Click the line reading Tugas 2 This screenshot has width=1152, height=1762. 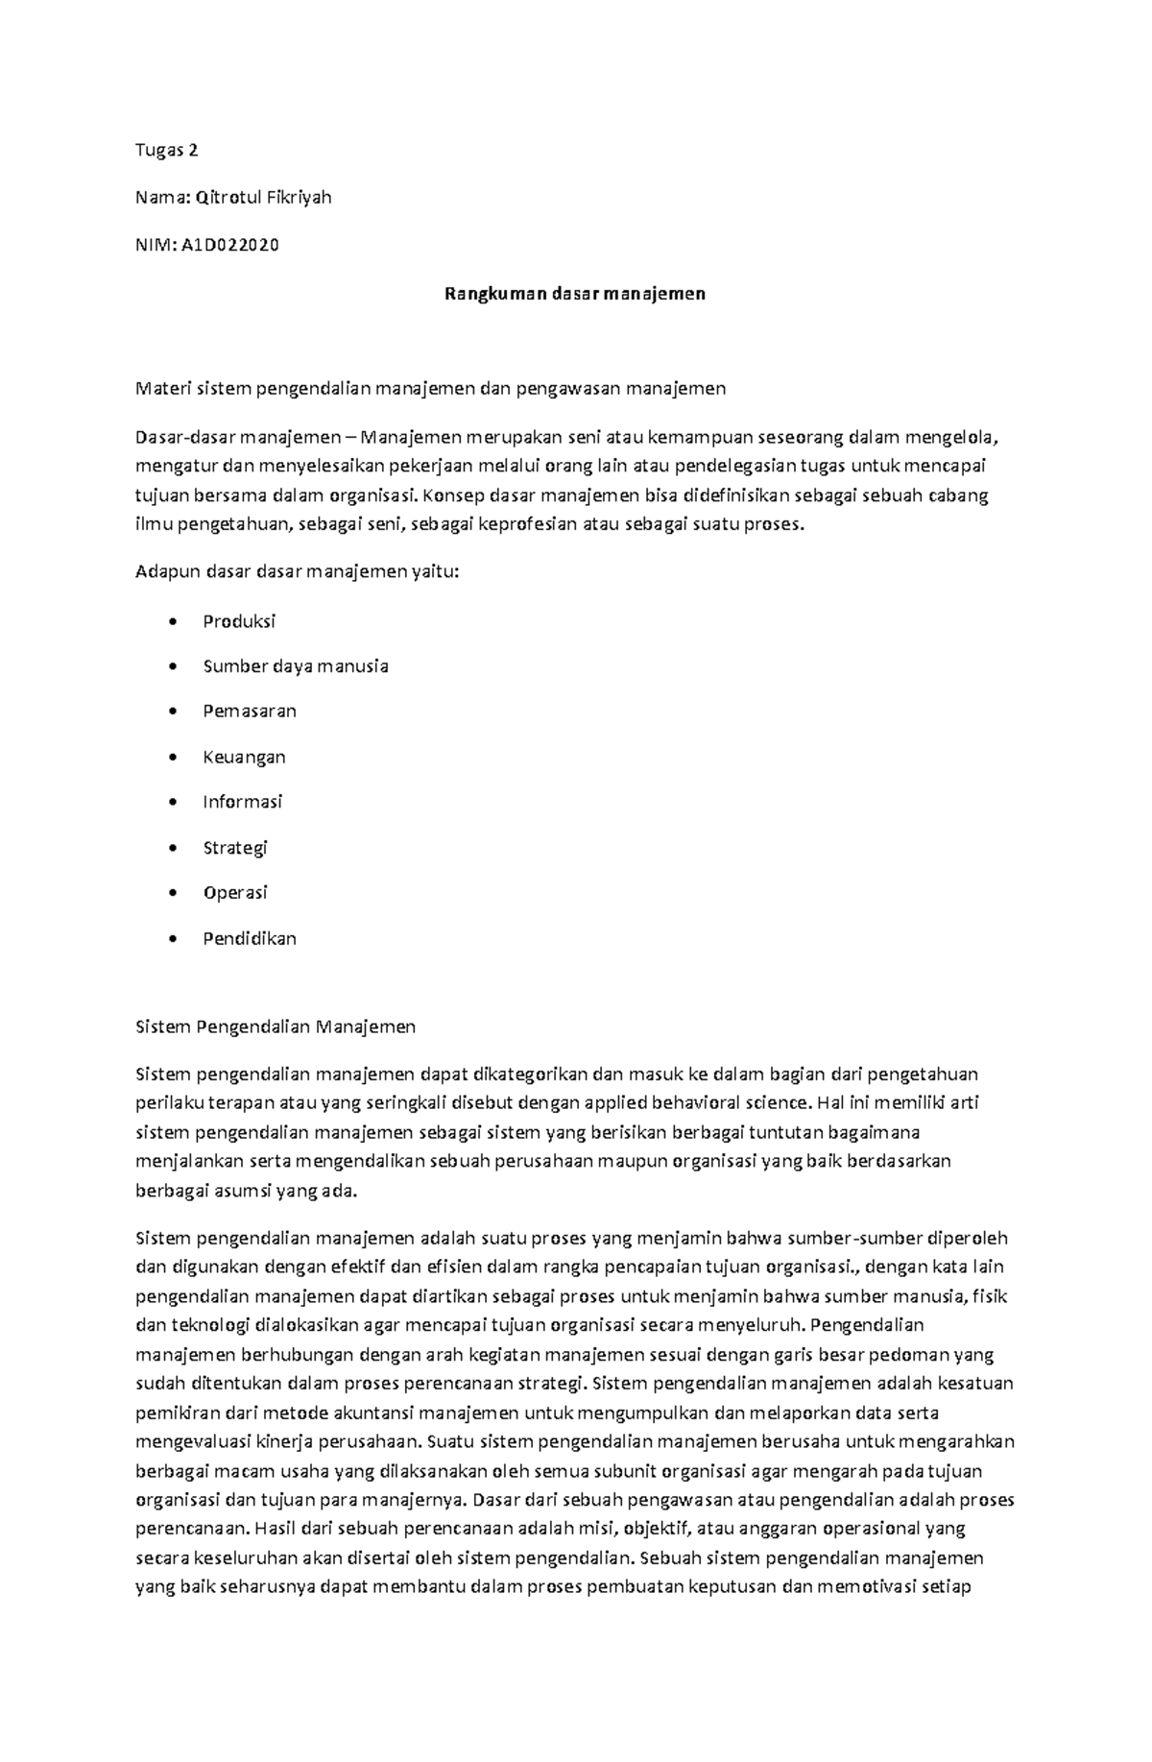[x=167, y=150]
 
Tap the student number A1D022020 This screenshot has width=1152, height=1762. [x=229, y=245]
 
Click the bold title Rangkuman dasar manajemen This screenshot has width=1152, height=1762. [x=574, y=294]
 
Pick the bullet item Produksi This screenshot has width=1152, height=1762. [x=239, y=621]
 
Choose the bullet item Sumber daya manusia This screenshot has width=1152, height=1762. [x=296, y=666]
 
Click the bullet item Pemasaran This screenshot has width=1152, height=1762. [x=250, y=712]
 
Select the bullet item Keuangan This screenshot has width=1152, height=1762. [x=244, y=758]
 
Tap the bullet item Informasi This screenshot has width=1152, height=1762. [x=242, y=802]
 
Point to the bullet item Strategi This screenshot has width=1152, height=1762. [x=235, y=848]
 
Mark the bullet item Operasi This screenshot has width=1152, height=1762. [x=235, y=893]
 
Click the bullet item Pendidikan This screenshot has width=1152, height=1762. [x=250, y=939]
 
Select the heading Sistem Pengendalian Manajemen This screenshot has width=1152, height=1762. [x=276, y=1026]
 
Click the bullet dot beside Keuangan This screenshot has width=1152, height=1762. [x=172, y=758]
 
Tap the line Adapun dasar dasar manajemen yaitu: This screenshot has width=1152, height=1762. [x=298, y=572]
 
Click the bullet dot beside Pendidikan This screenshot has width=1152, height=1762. [x=172, y=939]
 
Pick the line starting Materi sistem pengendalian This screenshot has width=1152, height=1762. [x=431, y=389]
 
